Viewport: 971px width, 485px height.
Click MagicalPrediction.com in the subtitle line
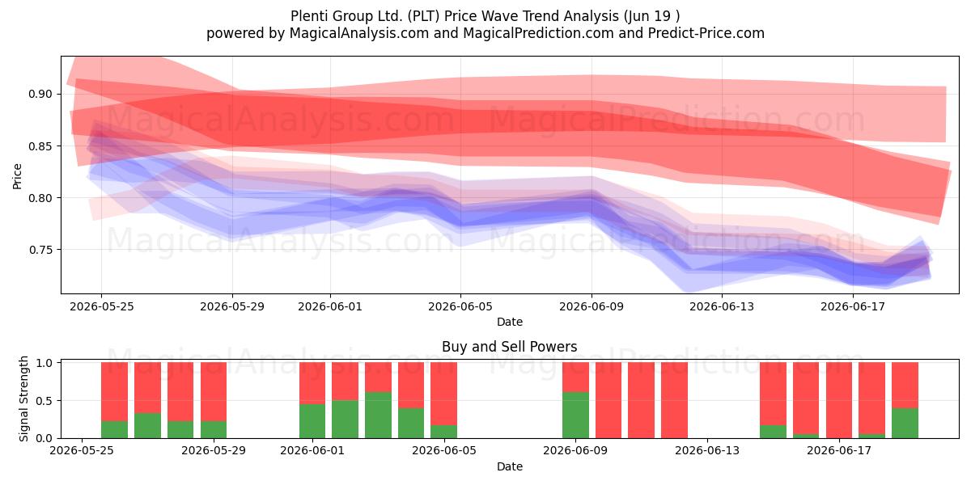pyautogui.click(x=538, y=33)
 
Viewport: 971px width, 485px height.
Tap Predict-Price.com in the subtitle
pyautogui.click(x=706, y=33)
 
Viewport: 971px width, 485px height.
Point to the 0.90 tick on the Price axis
pyautogui.click(x=40, y=94)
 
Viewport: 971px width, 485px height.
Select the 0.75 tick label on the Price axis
pyautogui.click(x=40, y=250)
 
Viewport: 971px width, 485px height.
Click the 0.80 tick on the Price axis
pyautogui.click(x=40, y=198)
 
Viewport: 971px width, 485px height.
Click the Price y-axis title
pyautogui.click(x=17, y=176)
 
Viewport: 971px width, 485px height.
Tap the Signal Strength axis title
pyautogui.click(x=23, y=399)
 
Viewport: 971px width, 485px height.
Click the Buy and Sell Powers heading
pyautogui.click(x=509, y=347)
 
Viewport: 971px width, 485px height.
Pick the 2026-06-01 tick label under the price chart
pyautogui.click(x=330, y=306)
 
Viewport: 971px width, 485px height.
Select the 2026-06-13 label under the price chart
pyautogui.click(x=722, y=306)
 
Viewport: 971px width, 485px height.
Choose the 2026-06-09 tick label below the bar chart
pyautogui.click(x=575, y=451)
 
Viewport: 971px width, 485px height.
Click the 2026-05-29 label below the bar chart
pyautogui.click(x=214, y=451)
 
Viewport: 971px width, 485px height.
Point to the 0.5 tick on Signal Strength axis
pyautogui.click(x=45, y=401)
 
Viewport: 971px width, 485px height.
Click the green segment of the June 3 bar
pyautogui.click(x=378, y=415)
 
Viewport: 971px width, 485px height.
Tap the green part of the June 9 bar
pyautogui.click(x=575, y=415)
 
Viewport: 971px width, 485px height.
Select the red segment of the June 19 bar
pyautogui.click(x=905, y=385)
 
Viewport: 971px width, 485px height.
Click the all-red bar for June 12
pyautogui.click(x=675, y=400)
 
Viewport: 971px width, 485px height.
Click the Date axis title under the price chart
pyautogui.click(x=509, y=322)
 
